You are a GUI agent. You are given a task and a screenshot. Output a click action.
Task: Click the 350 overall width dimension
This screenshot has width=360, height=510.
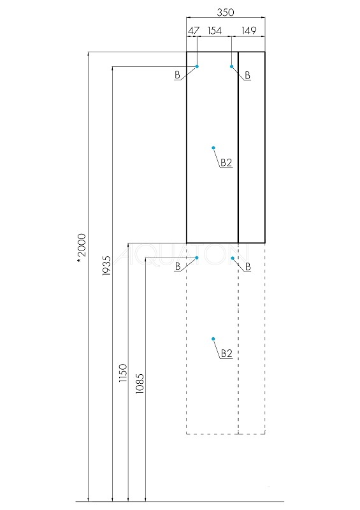[226, 12]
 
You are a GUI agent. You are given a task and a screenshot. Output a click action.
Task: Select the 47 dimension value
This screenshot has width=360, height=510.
[194, 31]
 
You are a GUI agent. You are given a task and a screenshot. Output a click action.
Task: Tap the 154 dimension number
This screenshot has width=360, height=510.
[215, 31]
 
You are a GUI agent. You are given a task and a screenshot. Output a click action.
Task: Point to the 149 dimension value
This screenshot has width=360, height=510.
[249, 31]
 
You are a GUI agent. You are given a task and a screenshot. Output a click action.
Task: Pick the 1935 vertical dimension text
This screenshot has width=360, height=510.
[106, 266]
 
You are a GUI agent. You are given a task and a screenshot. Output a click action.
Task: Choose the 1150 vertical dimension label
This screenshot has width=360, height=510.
[123, 373]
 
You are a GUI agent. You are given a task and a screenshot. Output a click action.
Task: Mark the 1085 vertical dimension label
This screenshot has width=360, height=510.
[140, 384]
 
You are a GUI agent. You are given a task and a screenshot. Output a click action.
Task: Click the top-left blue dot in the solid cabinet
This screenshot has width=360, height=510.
[197, 66]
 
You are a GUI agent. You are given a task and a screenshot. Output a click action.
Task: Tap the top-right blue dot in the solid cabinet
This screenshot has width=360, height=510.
[231, 66]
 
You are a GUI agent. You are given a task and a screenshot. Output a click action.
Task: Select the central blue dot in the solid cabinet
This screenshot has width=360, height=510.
[213, 148]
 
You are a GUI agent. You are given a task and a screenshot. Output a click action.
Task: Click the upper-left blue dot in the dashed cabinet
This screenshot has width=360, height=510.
[196, 258]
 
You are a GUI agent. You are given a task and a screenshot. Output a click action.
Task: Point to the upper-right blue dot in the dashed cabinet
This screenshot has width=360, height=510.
[233, 258]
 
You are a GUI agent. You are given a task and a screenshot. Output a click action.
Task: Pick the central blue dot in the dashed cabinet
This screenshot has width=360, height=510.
[213, 339]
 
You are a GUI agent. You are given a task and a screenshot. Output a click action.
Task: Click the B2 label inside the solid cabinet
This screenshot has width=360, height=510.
[226, 163]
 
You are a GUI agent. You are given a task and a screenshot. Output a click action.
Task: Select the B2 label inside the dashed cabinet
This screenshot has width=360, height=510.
[227, 353]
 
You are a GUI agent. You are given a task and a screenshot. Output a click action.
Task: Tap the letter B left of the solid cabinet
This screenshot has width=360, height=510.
[177, 75]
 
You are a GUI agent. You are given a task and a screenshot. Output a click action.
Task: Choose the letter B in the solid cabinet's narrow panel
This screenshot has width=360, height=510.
[247, 75]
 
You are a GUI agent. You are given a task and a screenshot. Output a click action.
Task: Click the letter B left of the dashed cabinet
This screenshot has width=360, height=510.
[178, 266]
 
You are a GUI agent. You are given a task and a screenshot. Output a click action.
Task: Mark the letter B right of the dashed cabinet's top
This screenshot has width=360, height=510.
[248, 266]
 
